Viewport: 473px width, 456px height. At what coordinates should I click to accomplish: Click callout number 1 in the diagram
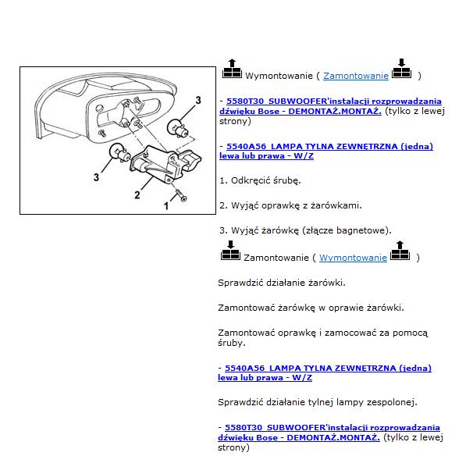pos(166,206)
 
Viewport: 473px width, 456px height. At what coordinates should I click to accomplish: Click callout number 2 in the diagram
pos(137,195)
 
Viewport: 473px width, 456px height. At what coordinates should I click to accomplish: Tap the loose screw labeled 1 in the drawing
pos(181,194)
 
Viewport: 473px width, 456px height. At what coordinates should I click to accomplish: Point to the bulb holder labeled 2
pos(165,163)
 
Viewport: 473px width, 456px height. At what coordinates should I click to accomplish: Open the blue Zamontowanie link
pos(356,76)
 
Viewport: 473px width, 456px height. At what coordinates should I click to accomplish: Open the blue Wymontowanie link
pos(353,258)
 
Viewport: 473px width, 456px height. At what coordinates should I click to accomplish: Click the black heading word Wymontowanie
pos(279,76)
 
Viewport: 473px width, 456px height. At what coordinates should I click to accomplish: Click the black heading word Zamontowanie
pos(276,258)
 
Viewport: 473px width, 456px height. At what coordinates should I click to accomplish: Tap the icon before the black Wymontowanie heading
pos(232,69)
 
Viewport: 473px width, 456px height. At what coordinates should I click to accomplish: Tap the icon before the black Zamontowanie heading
pos(230,251)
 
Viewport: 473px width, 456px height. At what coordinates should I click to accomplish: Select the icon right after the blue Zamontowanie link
pos(401,69)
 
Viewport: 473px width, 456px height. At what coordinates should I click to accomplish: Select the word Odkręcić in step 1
pos(251,180)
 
